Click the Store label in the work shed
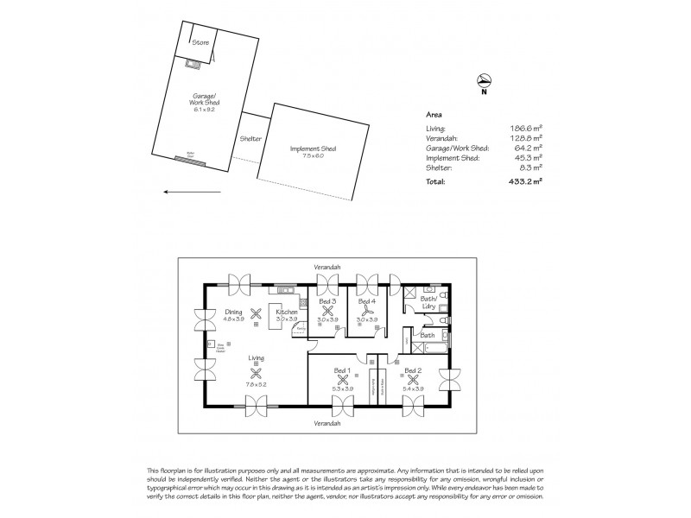[200, 41]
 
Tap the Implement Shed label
[314, 148]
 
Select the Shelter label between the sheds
[250, 138]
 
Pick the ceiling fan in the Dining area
[255, 313]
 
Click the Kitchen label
[287, 312]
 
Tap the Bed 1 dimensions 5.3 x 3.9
[343, 389]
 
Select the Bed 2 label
[413, 370]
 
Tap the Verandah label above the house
[327, 268]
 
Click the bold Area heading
[435, 113]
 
